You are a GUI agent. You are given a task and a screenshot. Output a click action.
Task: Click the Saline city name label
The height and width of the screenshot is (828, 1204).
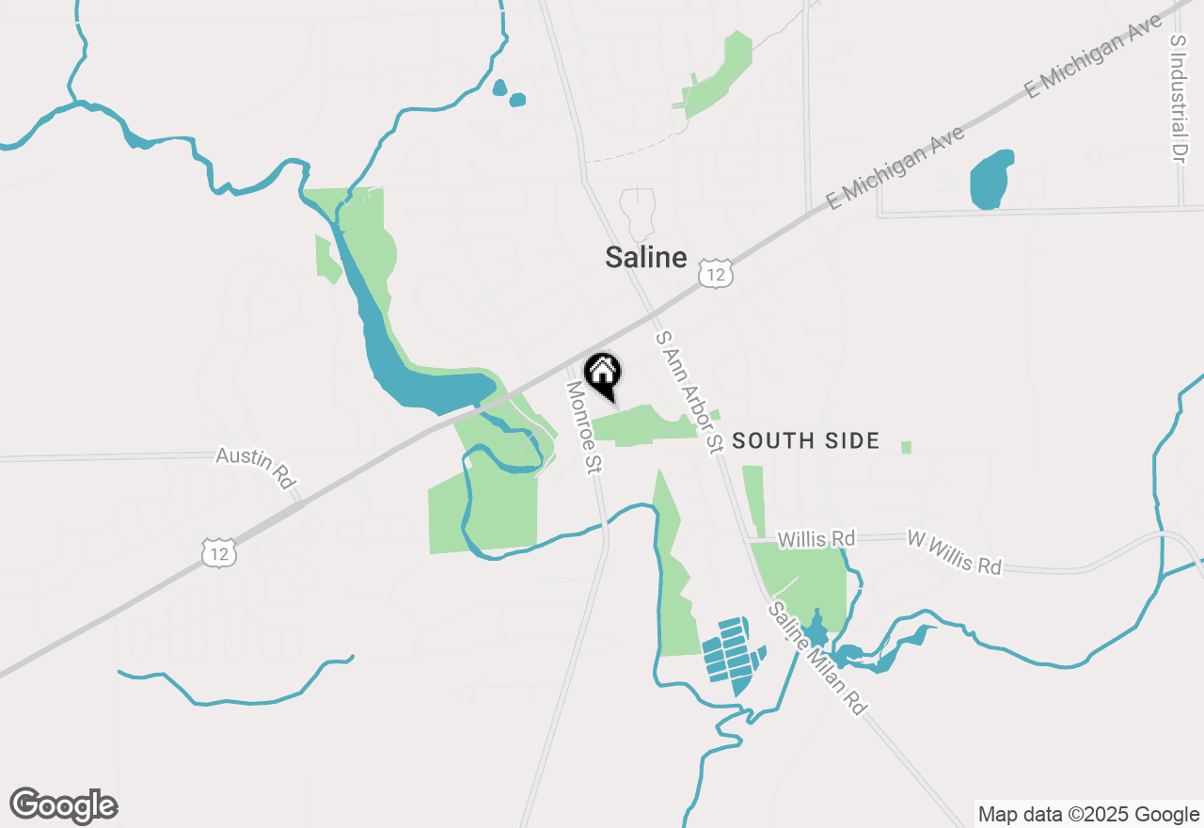pos(645,257)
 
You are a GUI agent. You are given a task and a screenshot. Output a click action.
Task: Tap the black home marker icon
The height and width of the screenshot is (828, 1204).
pos(602,374)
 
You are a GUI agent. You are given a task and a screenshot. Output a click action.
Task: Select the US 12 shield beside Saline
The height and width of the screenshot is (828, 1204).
pos(716,274)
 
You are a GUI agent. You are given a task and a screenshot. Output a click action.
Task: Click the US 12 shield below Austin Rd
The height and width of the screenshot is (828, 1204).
pos(219,552)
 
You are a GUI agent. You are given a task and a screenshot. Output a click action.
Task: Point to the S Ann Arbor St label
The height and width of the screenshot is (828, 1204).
pos(689,391)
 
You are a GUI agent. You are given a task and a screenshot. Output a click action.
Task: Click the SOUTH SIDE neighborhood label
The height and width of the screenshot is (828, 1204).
pos(805,440)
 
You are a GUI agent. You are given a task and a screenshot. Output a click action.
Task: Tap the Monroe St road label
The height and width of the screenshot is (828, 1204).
pos(583,427)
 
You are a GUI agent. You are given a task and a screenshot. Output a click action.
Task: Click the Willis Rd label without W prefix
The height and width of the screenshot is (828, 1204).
pos(816,539)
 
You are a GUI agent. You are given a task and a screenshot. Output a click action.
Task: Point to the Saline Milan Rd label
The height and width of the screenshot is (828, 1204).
pos(816,658)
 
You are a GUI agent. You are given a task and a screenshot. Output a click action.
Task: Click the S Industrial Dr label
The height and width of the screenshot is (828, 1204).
pos(1178,99)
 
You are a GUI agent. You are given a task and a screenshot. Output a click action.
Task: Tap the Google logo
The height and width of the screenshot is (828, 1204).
pos(63,806)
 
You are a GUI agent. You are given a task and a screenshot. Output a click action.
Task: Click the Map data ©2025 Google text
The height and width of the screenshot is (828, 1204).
pos(1088,815)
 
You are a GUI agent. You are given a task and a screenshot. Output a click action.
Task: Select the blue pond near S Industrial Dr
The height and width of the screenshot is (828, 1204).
pos(991,179)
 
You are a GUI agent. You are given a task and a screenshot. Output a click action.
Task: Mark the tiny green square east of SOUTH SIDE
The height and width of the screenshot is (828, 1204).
pos(906,447)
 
